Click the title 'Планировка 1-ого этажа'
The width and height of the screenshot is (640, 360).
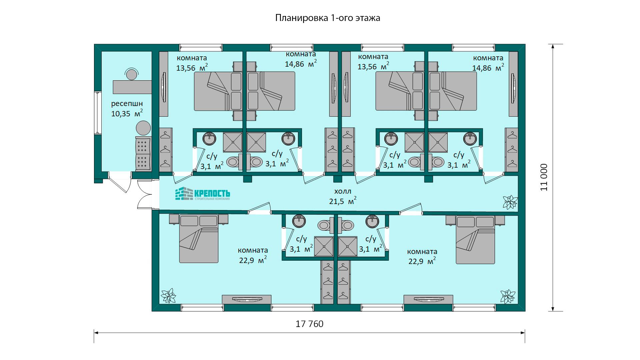[327, 18]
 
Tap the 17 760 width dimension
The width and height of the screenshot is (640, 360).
[309, 324]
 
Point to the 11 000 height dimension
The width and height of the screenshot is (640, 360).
[544, 177]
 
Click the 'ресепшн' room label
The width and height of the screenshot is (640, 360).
[127, 104]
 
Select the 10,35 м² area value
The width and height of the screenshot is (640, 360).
[127, 113]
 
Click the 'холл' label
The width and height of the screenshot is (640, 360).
[343, 191]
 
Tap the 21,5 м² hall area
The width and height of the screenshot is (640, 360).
[343, 201]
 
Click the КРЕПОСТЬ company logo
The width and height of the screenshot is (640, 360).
[203, 194]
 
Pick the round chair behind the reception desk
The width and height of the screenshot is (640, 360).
[131, 74]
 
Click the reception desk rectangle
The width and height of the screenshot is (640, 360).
[132, 87]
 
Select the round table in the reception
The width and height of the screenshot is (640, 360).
[143, 128]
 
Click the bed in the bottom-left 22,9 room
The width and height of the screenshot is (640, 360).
[199, 239]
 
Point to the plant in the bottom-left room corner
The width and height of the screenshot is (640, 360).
[168, 295]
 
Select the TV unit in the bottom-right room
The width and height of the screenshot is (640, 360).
[428, 299]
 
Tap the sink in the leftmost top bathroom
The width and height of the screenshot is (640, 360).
[209, 139]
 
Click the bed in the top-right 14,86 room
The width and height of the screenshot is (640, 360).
[453, 91]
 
